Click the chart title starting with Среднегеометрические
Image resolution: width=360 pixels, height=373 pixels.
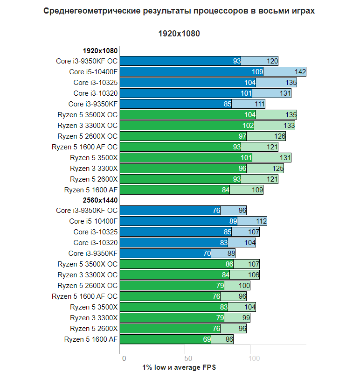179,11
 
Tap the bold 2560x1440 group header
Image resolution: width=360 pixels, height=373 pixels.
100,200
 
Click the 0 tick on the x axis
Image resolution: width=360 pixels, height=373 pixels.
124,359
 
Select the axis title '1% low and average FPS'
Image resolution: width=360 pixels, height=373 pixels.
179,368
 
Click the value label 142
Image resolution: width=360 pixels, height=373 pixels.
300,72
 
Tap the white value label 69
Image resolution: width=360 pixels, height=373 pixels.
207,339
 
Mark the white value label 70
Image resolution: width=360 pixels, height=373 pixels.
207,253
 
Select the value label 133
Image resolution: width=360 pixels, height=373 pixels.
289,126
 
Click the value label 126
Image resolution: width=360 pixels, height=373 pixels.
279,136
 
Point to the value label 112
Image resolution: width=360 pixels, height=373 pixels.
261,221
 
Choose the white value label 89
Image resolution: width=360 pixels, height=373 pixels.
233,221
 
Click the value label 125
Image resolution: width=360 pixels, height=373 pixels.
277,169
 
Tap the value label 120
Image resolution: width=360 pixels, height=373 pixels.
272,61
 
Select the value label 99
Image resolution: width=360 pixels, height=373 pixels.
246,318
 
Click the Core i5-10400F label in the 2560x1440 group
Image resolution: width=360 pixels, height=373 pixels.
93,221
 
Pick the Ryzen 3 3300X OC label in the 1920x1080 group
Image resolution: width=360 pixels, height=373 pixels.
88,126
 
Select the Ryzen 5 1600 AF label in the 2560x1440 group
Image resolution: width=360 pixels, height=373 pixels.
91,339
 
